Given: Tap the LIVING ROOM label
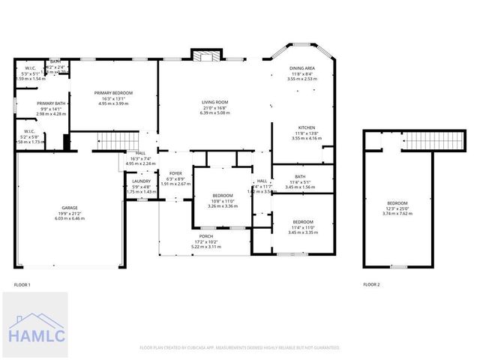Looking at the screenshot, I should [x=214, y=102].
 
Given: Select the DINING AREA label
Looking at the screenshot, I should [x=301, y=68].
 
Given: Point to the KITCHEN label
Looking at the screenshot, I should [x=305, y=127].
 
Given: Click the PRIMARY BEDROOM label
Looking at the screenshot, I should [x=113, y=93].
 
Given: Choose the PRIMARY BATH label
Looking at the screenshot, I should [x=52, y=103].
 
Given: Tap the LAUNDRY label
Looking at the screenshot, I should [x=141, y=181].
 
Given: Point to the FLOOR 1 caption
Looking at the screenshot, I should [x=22, y=284].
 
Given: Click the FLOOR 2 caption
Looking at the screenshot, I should [x=372, y=284].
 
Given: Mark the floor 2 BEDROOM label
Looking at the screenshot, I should [x=397, y=203].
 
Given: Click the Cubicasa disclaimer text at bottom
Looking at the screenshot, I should [x=240, y=347].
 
